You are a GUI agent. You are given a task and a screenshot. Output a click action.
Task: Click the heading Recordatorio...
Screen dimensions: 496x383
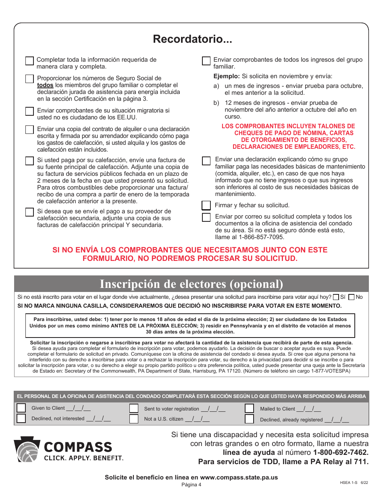click(192, 39)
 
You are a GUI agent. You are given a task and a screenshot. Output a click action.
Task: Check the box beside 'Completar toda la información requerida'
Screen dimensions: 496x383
click(29, 61)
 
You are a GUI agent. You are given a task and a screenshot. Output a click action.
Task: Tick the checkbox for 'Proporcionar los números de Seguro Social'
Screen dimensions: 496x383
click(29, 79)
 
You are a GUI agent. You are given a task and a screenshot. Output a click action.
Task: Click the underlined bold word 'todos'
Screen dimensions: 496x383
click(45, 85)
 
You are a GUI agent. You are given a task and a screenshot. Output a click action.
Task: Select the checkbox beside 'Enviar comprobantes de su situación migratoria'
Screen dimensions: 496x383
click(29, 111)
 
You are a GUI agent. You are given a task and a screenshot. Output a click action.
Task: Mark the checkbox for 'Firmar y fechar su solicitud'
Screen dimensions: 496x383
click(206, 205)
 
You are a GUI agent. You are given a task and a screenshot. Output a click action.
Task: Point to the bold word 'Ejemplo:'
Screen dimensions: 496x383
click(227, 76)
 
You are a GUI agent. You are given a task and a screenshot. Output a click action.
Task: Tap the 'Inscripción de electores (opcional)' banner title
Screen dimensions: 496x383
click(191, 284)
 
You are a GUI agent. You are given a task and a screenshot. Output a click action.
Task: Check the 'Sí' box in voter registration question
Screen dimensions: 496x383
click(336, 297)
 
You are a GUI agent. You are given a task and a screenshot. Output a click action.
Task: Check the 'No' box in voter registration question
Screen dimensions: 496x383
click(351, 297)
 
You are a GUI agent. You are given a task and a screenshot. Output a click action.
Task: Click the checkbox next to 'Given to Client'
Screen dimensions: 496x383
click(21, 408)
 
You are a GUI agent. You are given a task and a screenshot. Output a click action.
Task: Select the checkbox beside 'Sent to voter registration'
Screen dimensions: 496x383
click(134, 408)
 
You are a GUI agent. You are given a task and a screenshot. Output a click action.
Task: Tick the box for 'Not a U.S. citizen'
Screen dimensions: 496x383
click(134, 419)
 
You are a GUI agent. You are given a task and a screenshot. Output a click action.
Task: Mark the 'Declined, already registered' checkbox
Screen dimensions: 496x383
click(250, 419)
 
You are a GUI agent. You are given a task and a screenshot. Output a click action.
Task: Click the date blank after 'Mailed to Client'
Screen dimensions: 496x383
click(308, 409)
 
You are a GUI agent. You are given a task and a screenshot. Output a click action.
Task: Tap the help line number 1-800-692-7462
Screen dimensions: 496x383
click(341, 452)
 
